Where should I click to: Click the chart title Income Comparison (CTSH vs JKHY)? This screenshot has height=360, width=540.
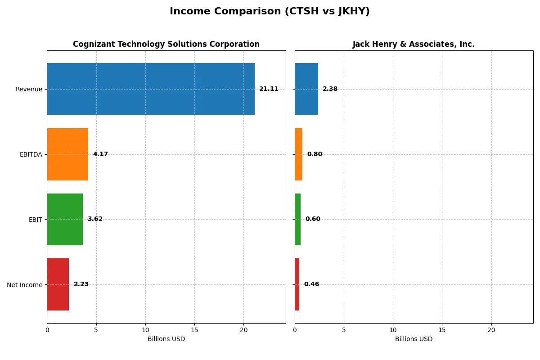pos(270,12)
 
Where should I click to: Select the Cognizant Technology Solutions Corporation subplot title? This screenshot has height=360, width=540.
pos(166,45)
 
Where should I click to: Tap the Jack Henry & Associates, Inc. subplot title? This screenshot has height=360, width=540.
pos(414,45)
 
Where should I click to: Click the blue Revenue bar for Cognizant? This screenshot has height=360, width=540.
pos(151,89)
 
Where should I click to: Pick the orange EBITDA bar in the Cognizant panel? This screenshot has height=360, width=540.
pos(67,154)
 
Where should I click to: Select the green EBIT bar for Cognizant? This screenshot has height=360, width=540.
pos(65,220)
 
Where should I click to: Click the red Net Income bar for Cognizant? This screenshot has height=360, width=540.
pos(58,284)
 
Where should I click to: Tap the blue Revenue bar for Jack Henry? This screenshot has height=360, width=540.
pos(306,89)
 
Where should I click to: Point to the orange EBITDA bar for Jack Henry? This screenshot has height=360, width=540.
pos(299,154)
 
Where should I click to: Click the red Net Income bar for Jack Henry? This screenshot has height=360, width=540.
pos(297,284)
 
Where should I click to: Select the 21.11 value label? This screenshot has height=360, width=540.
pos(269,89)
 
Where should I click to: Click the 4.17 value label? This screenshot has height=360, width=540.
pos(100,154)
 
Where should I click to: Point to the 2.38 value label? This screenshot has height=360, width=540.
pos(330,89)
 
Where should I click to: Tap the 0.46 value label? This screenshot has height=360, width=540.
pos(311,284)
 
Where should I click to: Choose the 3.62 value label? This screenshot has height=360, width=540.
pos(95,219)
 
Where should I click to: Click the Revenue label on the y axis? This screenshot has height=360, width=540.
pos(29,90)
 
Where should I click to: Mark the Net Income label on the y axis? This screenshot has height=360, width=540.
pos(25,285)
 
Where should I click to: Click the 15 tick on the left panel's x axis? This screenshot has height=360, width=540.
pos(194,330)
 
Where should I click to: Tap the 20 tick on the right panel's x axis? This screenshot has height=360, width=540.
pos(491,330)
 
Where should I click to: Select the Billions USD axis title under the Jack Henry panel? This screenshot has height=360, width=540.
pos(414,339)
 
